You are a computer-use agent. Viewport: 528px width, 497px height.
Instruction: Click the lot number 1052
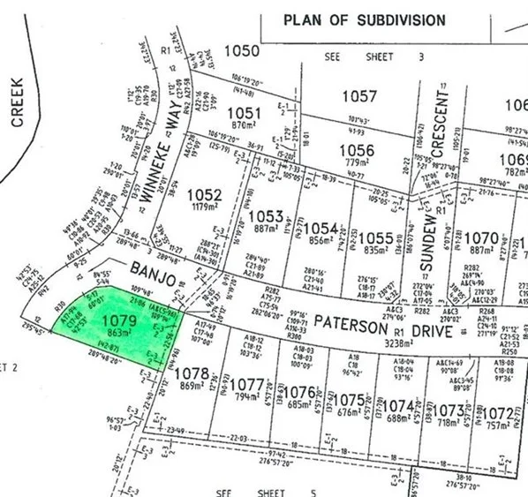point(204,194)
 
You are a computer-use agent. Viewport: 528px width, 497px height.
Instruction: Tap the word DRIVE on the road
point(425,330)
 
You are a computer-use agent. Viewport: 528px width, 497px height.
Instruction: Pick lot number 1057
point(359,96)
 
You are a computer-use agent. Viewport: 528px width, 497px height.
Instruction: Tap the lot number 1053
point(268,217)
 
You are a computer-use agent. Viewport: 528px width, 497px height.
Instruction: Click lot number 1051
point(244,113)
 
